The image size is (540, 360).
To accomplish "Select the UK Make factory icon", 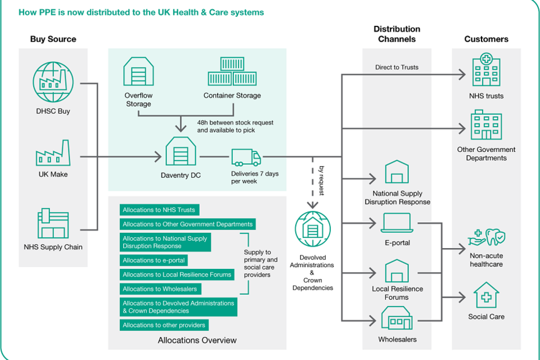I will coord(53,153).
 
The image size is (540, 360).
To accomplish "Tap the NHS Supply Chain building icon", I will coord(53,224).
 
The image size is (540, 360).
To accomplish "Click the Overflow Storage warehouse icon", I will coord(138,72).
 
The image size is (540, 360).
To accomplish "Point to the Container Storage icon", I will coord(232,72).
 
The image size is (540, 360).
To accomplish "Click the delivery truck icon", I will coord(246,157).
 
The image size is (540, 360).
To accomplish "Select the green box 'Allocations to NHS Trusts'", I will coord(159,210).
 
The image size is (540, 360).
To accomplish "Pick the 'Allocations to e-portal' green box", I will coord(154,260).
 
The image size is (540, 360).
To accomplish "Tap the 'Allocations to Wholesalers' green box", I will coord(160,289).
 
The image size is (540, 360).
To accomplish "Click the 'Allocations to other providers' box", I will coord(164,325).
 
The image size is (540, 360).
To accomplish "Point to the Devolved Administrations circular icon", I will coord(313,229).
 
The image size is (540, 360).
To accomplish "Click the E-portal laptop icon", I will coord(397,224).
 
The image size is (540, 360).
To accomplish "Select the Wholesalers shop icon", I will coord(397,319).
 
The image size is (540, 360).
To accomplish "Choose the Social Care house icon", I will coord(486,296).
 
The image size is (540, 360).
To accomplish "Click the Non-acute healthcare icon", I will coord(487,238).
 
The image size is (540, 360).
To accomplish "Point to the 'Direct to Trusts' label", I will coord(397,67).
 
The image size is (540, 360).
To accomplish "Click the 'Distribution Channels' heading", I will coord(397,34).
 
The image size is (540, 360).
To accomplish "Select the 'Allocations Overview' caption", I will coord(197,340).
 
